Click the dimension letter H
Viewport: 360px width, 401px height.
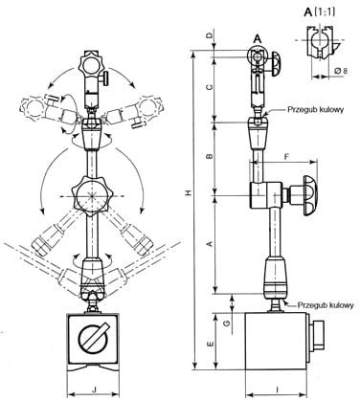coord(189,193)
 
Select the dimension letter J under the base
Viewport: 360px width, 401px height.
coord(94,390)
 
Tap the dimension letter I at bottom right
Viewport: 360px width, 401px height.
coord(277,390)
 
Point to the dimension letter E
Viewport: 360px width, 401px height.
coord(210,344)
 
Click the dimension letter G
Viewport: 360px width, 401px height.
coord(226,323)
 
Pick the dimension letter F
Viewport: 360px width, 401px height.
coord(286,157)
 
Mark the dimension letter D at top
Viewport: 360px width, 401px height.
coord(209,35)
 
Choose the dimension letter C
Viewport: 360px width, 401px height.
coord(209,87)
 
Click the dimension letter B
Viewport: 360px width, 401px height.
coord(209,156)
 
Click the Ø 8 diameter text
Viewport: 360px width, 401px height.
coord(341,71)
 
